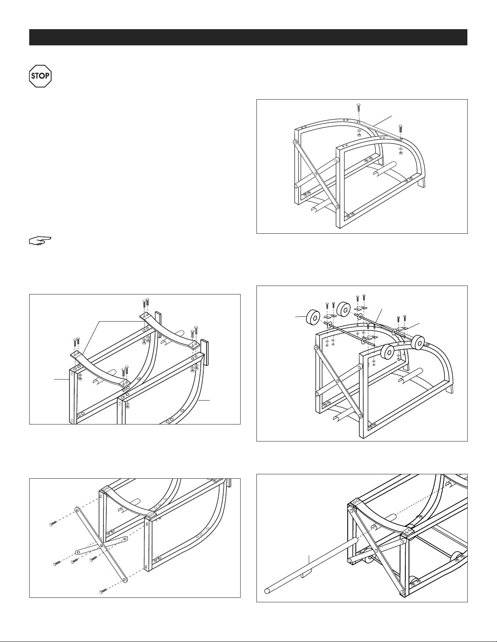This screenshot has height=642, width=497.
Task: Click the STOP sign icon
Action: point(41,76)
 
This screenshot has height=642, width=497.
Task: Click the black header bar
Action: point(248,37)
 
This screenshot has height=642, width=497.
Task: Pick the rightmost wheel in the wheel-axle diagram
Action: point(418,342)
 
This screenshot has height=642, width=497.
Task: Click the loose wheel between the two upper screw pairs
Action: point(344,309)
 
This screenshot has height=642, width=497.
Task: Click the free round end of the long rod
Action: point(267,591)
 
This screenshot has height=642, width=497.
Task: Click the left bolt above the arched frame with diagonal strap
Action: point(358,110)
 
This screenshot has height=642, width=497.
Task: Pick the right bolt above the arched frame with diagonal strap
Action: point(400,129)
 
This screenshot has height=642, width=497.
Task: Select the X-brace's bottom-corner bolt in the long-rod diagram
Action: point(402,593)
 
